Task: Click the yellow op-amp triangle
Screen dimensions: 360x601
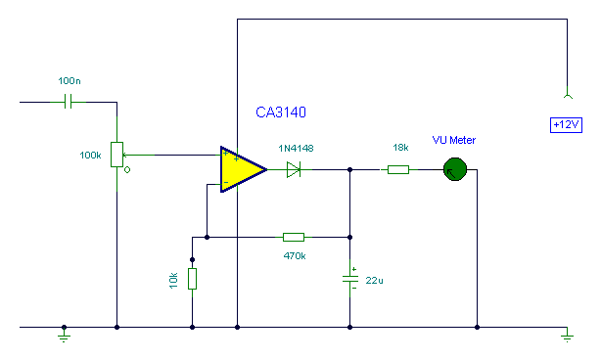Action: coord(240,168)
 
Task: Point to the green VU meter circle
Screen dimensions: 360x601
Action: coord(453,169)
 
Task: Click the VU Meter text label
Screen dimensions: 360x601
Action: coord(453,141)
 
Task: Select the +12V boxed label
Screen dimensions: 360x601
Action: coord(566,125)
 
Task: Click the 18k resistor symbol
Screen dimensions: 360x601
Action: coord(398,169)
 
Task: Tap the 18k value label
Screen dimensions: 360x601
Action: coord(400,147)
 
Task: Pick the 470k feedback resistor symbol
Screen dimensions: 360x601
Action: coord(294,237)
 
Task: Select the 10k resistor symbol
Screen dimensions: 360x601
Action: coord(192,279)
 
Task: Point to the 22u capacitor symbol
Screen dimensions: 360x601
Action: coord(350,279)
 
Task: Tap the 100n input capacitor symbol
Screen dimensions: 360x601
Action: coord(69,101)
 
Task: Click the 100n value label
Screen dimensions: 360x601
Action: coord(70,79)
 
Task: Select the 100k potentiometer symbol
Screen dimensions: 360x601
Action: coord(117,155)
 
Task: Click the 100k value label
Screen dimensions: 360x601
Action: coord(91,155)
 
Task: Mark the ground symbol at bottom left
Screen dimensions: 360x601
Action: coord(65,335)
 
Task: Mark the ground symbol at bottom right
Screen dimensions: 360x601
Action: coord(566,335)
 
